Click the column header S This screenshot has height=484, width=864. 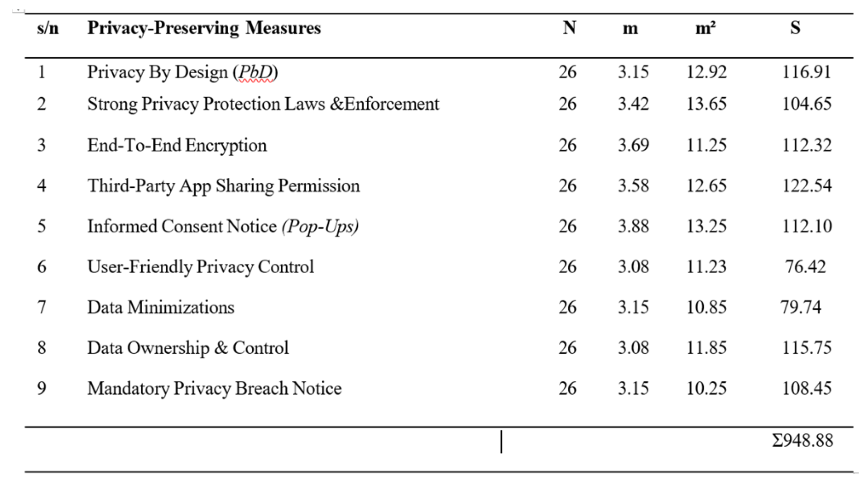pyautogui.click(x=795, y=28)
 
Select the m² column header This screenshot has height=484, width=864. pyautogui.click(x=705, y=28)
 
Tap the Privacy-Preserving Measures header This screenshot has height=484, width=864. pyautogui.click(x=204, y=28)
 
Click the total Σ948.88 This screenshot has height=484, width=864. pyautogui.click(x=802, y=440)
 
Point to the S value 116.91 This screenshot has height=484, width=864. pyautogui.click(x=806, y=72)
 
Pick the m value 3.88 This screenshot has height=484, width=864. pyautogui.click(x=633, y=226)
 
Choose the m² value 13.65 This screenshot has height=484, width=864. pyautogui.click(x=706, y=104)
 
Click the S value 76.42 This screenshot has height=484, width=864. pyautogui.click(x=805, y=266)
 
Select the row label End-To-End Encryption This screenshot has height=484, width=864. pyautogui.click(x=177, y=145)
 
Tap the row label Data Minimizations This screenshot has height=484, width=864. pyautogui.click(x=161, y=307)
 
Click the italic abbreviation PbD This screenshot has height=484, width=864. pyautogui.click(x=256, y=72)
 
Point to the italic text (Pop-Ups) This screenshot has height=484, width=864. pyautogui.click(x=320, y=226)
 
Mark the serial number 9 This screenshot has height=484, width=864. pyautogui.click(x=42, y=388)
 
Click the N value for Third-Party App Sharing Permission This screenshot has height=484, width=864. pyautogui.click(x=567, y=185)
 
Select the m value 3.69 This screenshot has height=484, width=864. pyautogui.click(x=633, y=145)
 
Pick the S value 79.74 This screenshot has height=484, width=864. pyautogui.click(x=800, y=307)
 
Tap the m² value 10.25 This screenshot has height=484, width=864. pyautogui.click(x=706, y=388)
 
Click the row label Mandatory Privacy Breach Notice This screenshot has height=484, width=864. pyautogui.click(x=215, y=389)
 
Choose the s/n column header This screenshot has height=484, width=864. pyautogui.click(x=48, y=28)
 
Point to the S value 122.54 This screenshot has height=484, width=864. pyautogui.click(x=806, y=185)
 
